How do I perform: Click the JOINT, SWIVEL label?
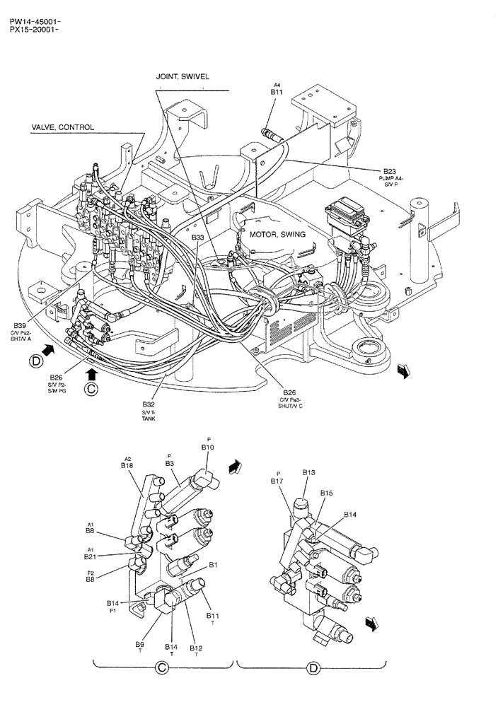(183, 76)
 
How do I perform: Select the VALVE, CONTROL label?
(62, 127)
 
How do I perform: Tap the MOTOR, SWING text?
(276, 234)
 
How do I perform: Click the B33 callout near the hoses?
(197, 238)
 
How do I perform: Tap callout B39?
(19, 325)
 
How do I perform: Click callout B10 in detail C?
(208, 448)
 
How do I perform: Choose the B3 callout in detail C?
(170, 463)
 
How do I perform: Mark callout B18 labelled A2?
(127, 466)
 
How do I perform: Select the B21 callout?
(90, 556)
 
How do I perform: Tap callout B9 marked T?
(140, 644)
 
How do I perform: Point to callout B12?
(196, 648)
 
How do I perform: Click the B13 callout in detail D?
(308, 472)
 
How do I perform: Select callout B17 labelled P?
(278, 481)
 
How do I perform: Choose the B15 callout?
(326, 493)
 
